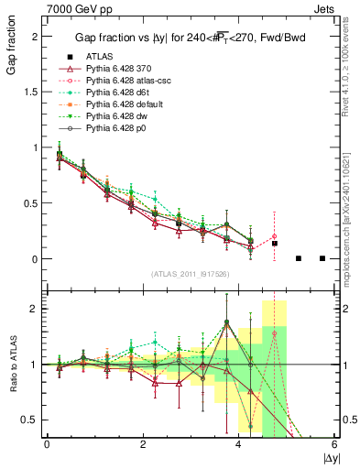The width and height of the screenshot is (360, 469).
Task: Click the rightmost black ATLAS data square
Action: click(x=322, y=258)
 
